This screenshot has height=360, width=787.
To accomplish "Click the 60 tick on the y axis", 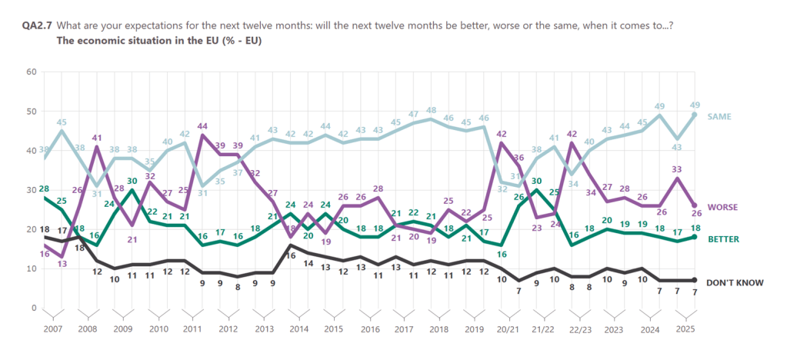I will pyautogui.click(x=32, y=72).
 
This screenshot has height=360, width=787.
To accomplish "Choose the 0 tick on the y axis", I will pyautogui.click(x=34, y=308).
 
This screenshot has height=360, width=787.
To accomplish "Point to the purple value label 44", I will pyautogui.click(x=204, y=126).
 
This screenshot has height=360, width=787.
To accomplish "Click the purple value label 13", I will pyautogui.click(x=62, y=264).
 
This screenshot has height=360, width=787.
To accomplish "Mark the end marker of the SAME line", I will pyautogui.click(x=696, y=115).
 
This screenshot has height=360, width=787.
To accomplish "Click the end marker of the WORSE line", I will pyautogui.click(x=696, y=205).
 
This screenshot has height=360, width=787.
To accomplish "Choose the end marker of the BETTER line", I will pyautogui.click(x=696, y=238).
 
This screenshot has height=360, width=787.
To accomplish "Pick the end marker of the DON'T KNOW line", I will pyautogui.click(x=696, y=280).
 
